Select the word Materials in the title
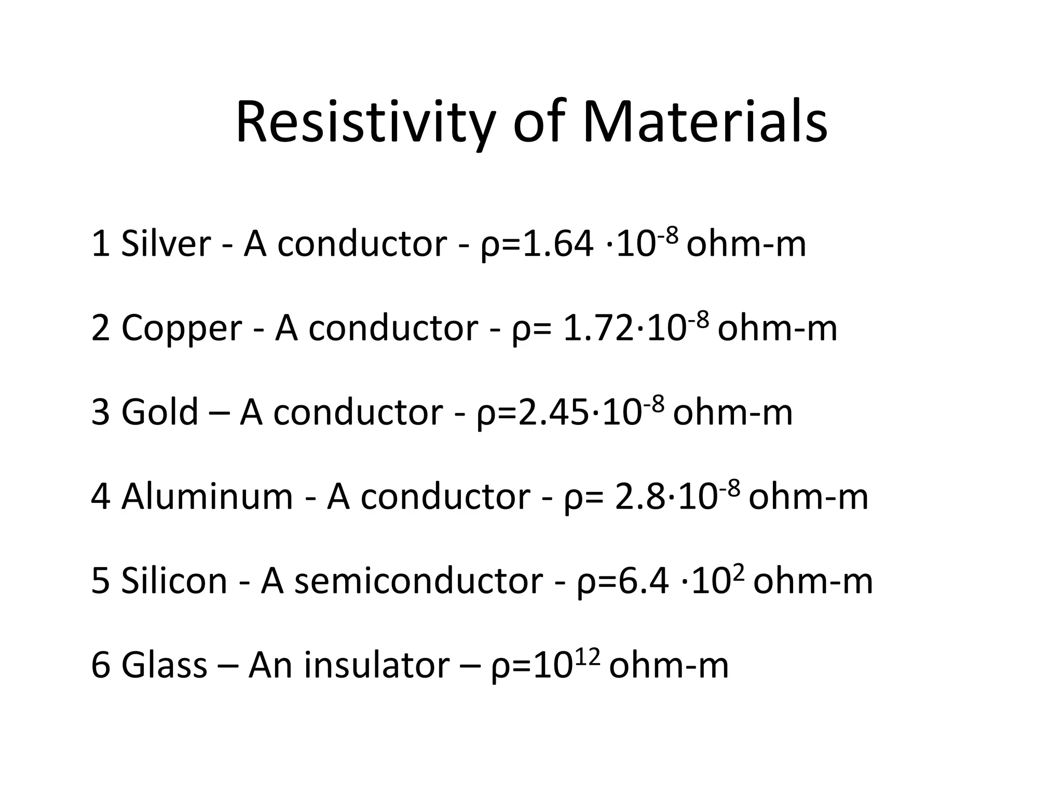click(704, 123)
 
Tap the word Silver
click(166, 244)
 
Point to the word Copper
click(182, 328)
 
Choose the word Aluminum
click(207, 497)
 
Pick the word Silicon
click(174, 581)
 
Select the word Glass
click(164, 665)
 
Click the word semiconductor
click(418, 581)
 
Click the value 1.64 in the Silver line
click(558, 244)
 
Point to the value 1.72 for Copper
click(598, 328)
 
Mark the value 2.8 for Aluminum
click(639, 497)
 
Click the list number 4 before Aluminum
click(101, 497)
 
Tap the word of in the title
click(538, 123)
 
